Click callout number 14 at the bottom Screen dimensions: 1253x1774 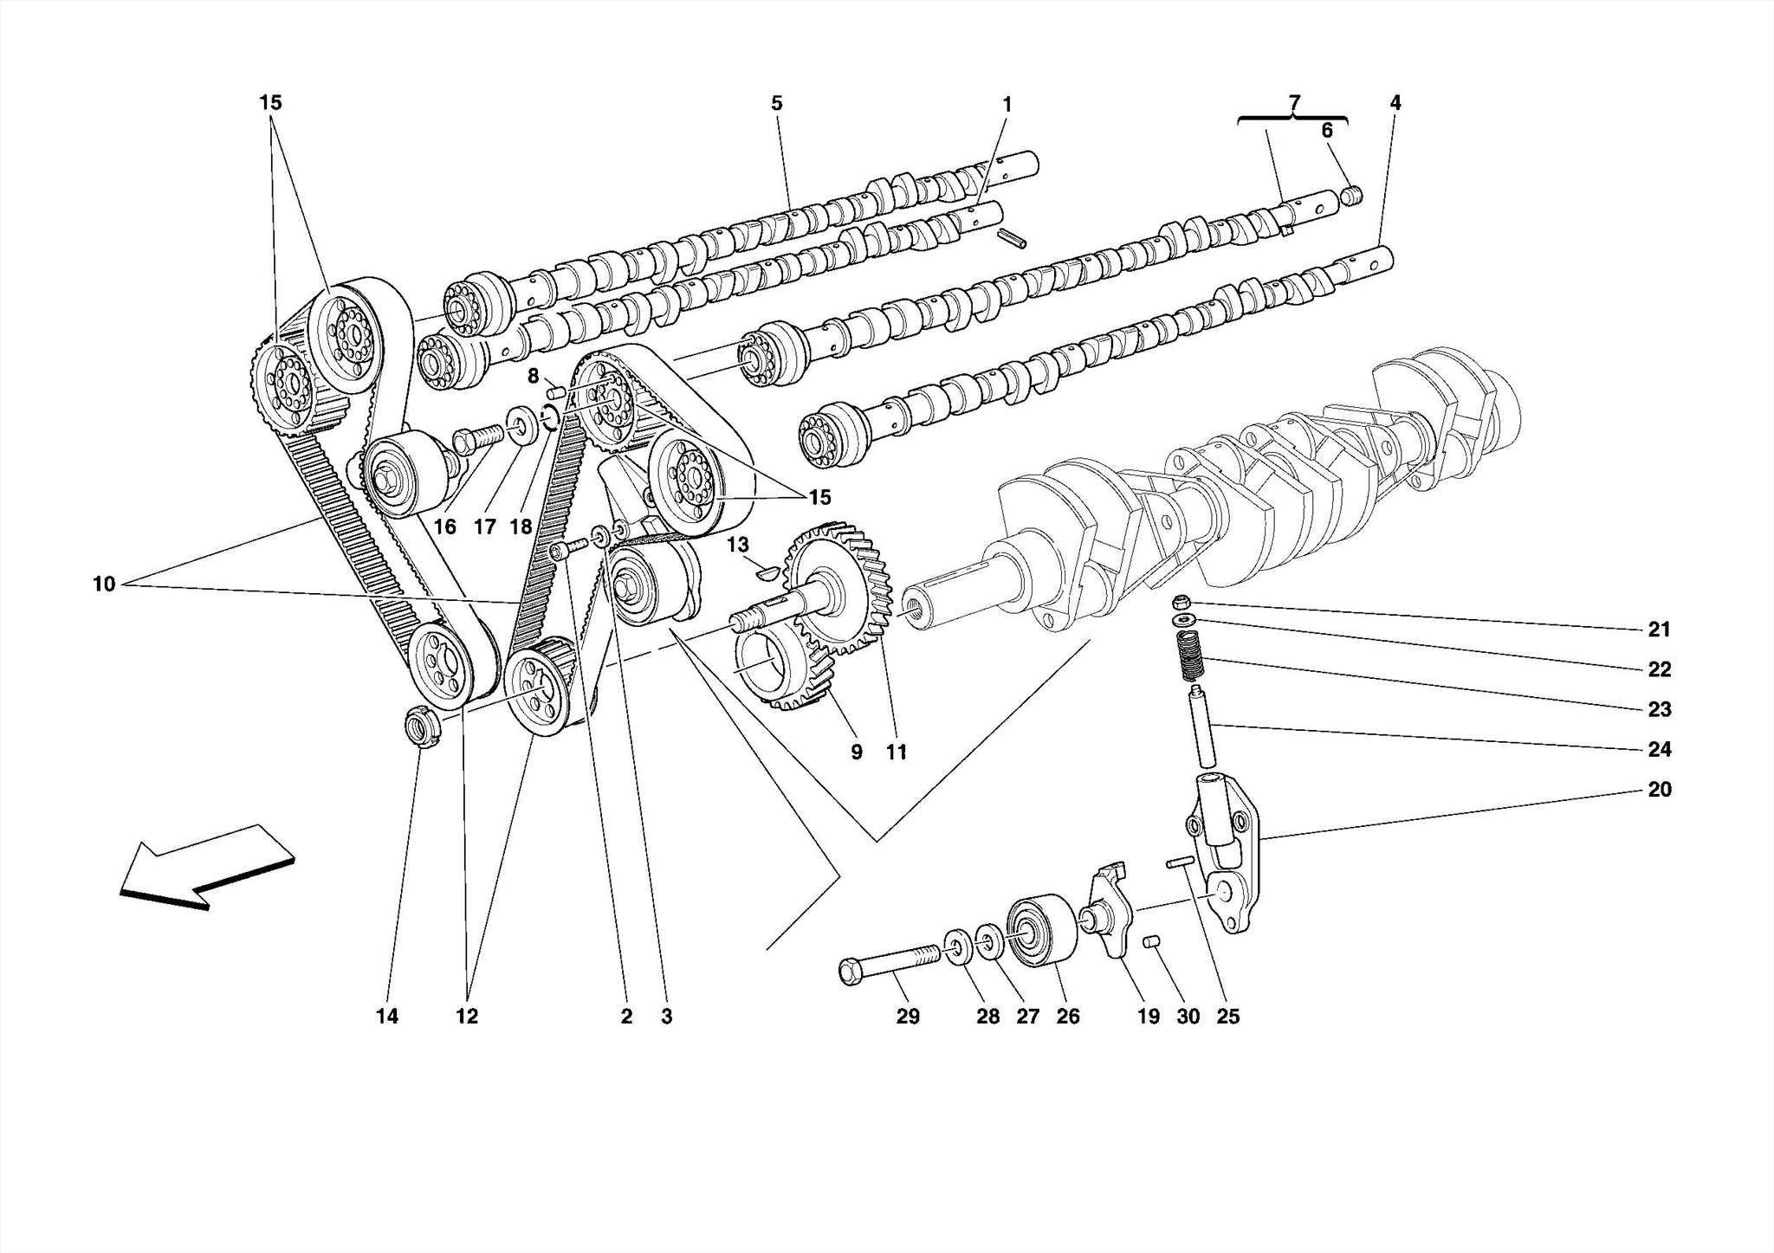coord(387,1017)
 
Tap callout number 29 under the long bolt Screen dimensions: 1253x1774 coord(907,1017)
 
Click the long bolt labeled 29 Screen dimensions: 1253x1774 coord(889,962)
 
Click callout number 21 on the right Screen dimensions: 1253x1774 coord(1658,630)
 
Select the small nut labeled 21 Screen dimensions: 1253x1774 coord(1179,602)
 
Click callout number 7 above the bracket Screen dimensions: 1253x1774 coord(1293,103)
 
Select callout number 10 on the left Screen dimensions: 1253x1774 coord(104,585)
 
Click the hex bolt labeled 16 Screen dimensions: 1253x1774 coord(475,438)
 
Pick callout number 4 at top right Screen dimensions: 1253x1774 coord(1395,103)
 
